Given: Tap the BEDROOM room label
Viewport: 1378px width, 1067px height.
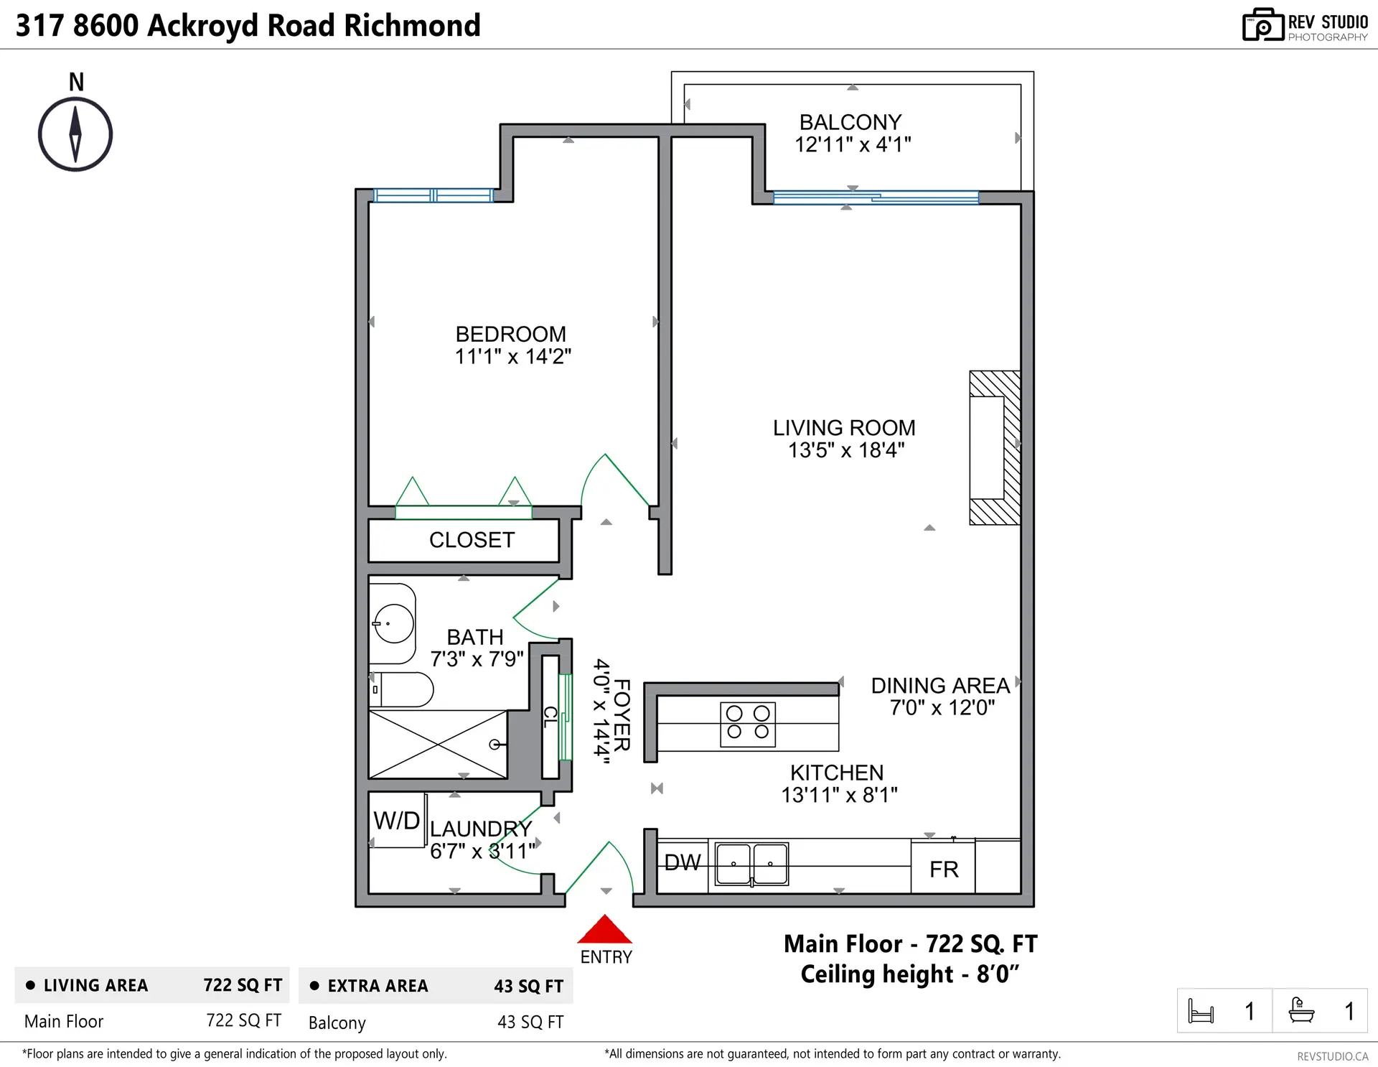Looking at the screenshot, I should (x=511, y=335).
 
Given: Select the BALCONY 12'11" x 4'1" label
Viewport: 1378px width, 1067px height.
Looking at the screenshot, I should (x=852, y=134).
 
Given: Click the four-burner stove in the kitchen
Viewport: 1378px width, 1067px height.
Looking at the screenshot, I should (x=748, y=724).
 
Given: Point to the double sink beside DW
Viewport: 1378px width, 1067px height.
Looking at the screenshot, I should (x=751, y=864).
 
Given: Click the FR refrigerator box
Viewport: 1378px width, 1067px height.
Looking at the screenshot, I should (x=943, y=869).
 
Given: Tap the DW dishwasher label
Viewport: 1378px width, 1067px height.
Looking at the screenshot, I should (x=682, y=862).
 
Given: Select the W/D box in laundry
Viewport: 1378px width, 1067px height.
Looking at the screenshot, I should (x=397, y=820).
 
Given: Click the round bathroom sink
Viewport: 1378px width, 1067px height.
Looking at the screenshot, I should (x=394, y=623).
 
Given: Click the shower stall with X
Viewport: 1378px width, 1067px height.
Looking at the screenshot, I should (x=438, y=745).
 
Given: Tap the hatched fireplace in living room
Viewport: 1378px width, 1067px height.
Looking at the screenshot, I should (x=995, y=447).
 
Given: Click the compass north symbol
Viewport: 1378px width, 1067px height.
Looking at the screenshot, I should (x=75, y=134).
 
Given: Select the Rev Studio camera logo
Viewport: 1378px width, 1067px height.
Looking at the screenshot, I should (x=1262, y=25).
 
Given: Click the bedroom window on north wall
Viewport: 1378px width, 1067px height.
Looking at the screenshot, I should (x=433, y=195).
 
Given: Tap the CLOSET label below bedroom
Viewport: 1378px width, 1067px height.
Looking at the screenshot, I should (x=472, y=540).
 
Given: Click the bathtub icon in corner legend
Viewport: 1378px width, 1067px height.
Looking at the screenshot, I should (x=1301, y=1010).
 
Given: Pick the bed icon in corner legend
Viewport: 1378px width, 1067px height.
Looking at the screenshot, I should (x=1201, y=1011).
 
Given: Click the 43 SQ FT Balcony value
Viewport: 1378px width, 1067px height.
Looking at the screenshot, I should (x=530, y=1022).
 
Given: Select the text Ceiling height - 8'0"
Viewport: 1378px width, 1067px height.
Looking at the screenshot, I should (x=909, y=974).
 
